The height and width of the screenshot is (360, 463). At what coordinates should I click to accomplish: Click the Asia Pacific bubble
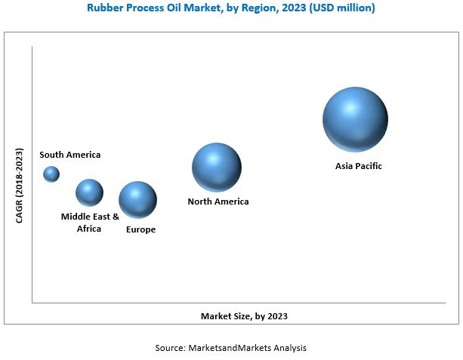pyautogui.click(x=355, y=119)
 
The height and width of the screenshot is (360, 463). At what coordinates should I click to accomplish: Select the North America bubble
pyautogui.click(x=217, y=168)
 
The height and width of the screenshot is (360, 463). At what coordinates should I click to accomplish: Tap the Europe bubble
pyautogui.click(x=137, y=200)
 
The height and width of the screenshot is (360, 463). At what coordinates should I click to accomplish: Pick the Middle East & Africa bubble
pyautogui.click(x=89, y=192)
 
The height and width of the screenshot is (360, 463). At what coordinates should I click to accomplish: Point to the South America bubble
pyautogui.click(x=51, y=174)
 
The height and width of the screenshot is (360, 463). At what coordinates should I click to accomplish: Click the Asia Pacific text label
pyautogui.click(x=359, y=166)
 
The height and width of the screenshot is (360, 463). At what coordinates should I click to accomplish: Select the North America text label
pyautogui.click(x=218, y=202)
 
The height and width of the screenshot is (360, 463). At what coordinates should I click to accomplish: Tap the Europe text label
pyautogui.click(x=140, y=229)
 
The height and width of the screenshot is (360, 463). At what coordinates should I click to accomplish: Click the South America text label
pyautogui.click(x=70, y=155)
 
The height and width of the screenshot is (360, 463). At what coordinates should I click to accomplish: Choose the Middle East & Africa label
pyautogui.click(x=90, y=223)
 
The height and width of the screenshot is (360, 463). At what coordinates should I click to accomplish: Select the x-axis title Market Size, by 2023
pyautogui.click(x=244, y=315)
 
